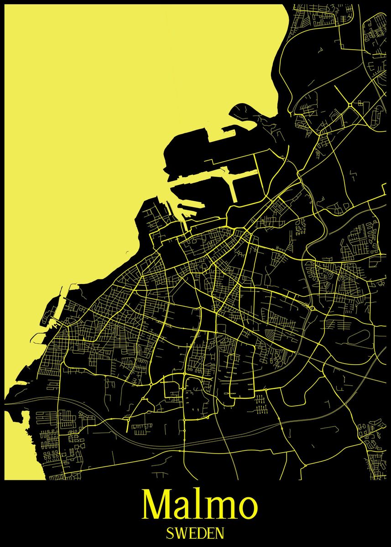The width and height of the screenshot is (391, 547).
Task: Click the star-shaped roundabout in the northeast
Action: click(350, 105)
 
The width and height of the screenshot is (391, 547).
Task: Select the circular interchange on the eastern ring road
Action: click(312, 309)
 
